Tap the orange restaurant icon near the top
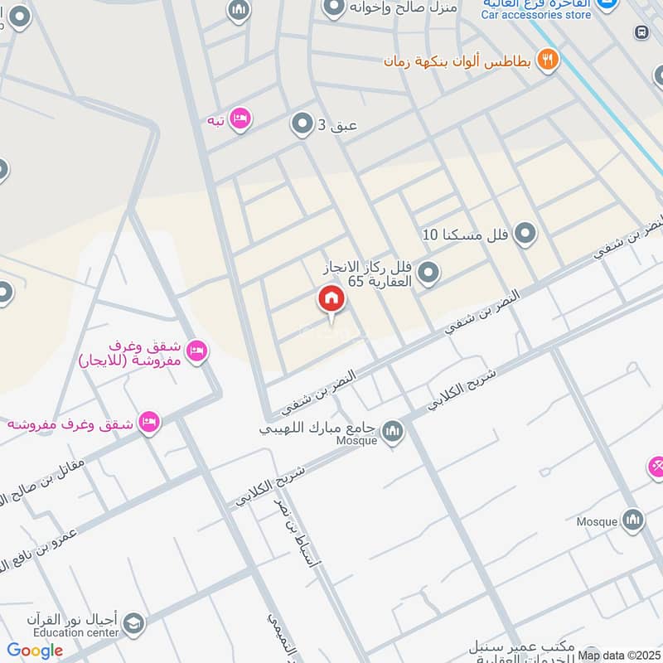(548, 59)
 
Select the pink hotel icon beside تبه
(240, 119)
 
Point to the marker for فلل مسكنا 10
(525, 235)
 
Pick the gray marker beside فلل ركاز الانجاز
(428, 271)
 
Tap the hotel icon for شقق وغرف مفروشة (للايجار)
(196, 351)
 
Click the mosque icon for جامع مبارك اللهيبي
(392, 430)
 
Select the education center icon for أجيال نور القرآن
(133, 622)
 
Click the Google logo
(35, 651)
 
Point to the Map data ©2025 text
(619, 656)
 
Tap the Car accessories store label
(536, 15)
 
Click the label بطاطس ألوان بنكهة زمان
(458, 60)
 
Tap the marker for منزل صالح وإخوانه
(333, 8)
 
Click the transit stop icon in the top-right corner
(641, 31)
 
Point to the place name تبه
(216, 120)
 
